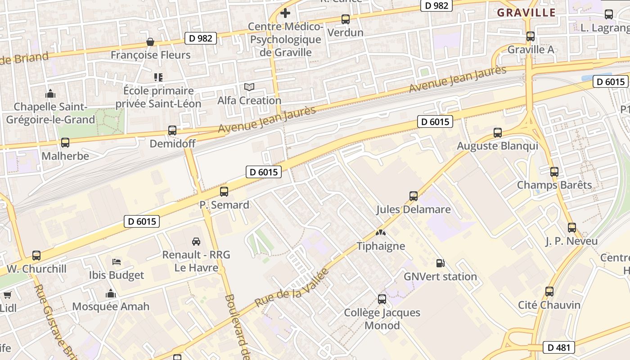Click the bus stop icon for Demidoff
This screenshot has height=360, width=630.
coord(172,130)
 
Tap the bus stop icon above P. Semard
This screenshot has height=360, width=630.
coord(224,192)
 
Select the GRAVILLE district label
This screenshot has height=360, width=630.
coord(526,13)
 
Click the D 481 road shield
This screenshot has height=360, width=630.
coord(559,347)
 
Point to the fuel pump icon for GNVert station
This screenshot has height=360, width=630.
coord(440,263)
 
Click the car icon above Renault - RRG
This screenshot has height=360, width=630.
coord(196,242)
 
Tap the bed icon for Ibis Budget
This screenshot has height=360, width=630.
coord(117,262)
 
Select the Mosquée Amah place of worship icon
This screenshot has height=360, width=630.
coord(111,293)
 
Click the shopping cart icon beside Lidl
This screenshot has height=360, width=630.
coord(7,295)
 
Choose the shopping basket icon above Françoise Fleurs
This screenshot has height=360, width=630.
coord(150,42)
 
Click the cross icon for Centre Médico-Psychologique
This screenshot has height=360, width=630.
coord(285,13)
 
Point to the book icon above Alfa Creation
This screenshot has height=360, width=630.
coord(249,87)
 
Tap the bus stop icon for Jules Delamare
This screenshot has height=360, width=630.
coord(413,196)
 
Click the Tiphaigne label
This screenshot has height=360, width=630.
coord(381,246)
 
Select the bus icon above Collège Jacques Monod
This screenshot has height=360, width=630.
coord(382,299)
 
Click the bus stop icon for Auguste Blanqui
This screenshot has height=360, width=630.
coord(497,133)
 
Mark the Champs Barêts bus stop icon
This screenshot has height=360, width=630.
coord(554,172)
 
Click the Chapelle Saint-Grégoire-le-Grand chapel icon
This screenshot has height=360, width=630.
coord(50,94)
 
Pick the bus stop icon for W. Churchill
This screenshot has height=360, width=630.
coord(36,256)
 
